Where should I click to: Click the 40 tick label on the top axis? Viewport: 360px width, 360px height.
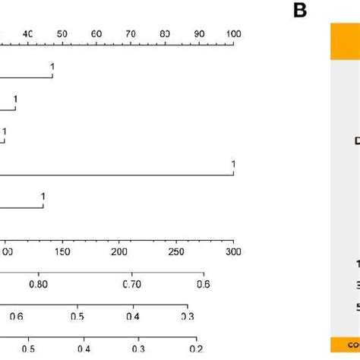pos(28,34)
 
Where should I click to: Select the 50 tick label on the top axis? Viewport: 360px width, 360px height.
pos(62,34)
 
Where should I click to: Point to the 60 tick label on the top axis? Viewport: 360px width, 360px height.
pos(96,34)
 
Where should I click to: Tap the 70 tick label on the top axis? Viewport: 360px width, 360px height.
pos(131,34)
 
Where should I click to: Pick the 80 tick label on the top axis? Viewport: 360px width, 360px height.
pos(165,34)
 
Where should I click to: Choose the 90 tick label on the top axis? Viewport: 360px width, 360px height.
pos(199,34)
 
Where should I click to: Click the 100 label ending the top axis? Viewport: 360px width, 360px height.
pos(232,34)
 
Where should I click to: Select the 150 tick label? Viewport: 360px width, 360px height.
pos(62,252)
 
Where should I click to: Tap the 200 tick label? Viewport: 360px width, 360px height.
pos(119,252)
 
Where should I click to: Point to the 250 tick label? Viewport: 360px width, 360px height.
pos(176,252)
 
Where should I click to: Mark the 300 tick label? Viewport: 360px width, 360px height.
pos(232,252)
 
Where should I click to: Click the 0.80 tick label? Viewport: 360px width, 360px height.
pos(38,284)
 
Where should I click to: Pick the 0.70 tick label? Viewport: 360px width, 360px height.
pos(132,284)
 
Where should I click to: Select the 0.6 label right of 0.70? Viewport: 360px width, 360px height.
pos(203,284)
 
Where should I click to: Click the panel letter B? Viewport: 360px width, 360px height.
pos(299,12)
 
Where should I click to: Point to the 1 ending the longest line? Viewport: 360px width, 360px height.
pos(233,165)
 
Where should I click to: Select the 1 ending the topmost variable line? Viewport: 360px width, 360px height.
pos(52,68)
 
